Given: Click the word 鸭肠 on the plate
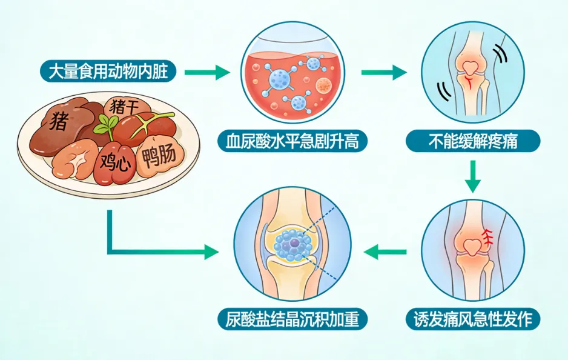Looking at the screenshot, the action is (x=159, y=157).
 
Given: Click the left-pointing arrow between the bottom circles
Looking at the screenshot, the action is (x=388, y=250).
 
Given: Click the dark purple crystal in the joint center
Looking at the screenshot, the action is (x=294, y=242).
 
